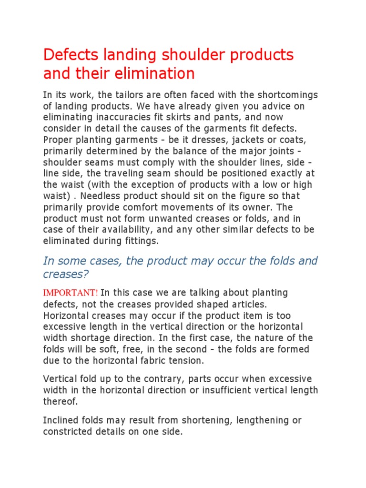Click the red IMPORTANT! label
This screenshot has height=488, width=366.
click(x=71, y=292)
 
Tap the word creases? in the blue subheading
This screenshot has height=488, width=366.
click(x=66, y=275)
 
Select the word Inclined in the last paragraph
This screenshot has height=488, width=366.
click(x=60, y=420)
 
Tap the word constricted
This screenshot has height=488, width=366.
click(x=66, y=432)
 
